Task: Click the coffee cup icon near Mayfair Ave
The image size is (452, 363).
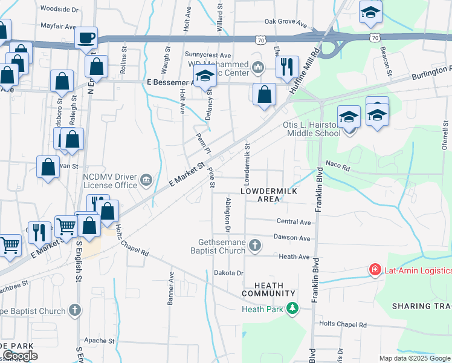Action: tap(86, 38)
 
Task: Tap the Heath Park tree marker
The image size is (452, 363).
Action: tap(292, 309)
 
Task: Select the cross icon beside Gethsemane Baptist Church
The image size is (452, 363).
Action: tap(256, 245)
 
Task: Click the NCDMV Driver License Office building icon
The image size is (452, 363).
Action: tap(146, 180)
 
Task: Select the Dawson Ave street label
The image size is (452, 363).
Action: tap(292, 238)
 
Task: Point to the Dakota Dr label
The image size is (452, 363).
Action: tap(228, 273)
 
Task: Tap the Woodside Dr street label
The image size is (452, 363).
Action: tap(59, 10)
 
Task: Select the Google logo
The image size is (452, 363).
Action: tap(20, 356)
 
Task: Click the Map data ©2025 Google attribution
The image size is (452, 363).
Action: tap(414, 358)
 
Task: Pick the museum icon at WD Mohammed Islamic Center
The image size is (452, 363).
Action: tap(259, 67)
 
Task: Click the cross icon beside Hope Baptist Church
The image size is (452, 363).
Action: tap(74, 311)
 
